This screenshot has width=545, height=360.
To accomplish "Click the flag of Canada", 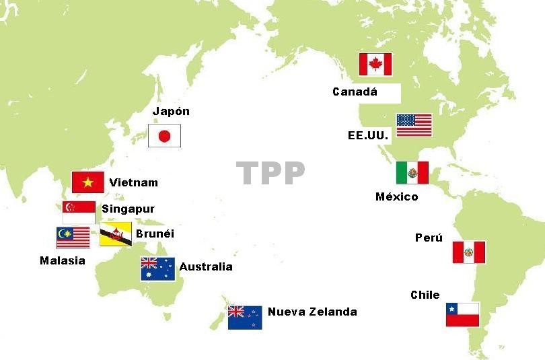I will pyautogui.click(x=375, y=65).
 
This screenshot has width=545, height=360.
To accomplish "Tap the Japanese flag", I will pyautogui.click(x=165, y=137).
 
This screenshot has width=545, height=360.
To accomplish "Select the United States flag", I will pyautogui.click(x=414, y=125).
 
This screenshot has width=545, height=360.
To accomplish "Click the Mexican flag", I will pyautogui.click(x=412, y=173).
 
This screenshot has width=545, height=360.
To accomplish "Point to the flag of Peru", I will pyautogui.click(x=468, y=252).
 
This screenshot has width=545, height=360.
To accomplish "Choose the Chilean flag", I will pyautogui.click(x=462, y=315).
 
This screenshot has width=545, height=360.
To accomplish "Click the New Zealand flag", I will pyautogui.click(x=245, y=317).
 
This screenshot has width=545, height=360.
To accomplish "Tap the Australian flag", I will pyautogui.click(x=157, y=269).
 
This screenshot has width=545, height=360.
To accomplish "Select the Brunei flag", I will pyautogui.click(x=116, y=234).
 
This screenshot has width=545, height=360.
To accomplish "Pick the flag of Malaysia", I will pyautogui.click(x=73, y=238).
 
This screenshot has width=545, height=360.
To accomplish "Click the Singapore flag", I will pyautogui.click(x=79, y=212).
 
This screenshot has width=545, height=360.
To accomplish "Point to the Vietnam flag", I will pyautogui.click(x=88, y=182).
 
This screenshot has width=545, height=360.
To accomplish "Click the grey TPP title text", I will pyautogui.click(x=271, y=174).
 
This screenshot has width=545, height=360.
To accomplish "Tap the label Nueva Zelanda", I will pyautogui.click(x=312, y=312).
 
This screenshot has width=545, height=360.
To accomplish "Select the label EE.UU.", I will pyautogui.click(x=368, y=135).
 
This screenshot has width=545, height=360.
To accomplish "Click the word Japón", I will pyautogui.click(x=171, y=112).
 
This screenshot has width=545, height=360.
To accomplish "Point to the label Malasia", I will pyautogui.click(x=63, y=260).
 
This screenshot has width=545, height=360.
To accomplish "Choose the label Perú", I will pyautogui.click(x=429, y=238).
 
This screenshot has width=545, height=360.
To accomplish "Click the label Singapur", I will pyautogui.click(x=128, y=209).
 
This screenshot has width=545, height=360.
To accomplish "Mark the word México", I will pyautogui.click(x=396, y=196).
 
